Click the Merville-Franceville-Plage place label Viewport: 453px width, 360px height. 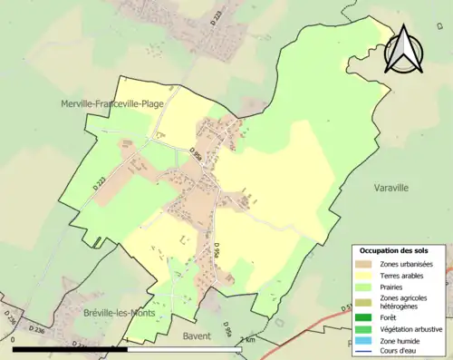112,103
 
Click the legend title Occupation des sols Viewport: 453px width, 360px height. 394,250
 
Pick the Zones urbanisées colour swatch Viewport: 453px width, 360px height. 362,263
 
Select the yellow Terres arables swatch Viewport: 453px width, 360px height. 362,275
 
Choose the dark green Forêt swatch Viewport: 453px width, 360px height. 362,317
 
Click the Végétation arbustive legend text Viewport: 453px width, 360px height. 411,329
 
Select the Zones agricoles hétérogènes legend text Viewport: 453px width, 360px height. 404,302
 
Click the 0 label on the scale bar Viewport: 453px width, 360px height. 14,338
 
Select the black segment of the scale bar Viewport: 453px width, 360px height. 70,348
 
